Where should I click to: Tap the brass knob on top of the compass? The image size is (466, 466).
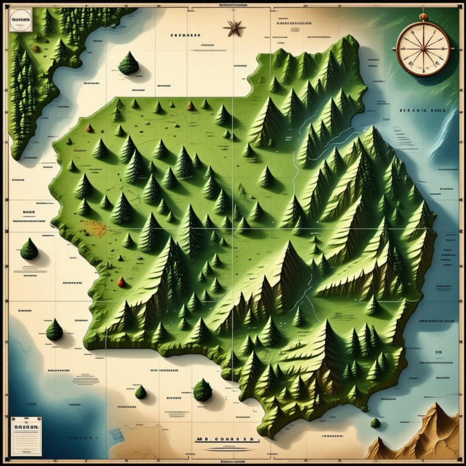click(x=423, y=17)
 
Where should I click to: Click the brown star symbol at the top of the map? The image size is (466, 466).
click(x=234, y=27)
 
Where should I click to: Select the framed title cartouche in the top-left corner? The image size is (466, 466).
click(x=22, y=22)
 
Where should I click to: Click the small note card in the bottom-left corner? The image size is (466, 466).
click(x=26, y=435)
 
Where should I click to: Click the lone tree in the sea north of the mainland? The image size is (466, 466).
click(x=128, y=63)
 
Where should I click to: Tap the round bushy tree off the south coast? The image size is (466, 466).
click(x=203, y=390)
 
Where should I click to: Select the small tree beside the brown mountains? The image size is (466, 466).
click(x=376, y=422)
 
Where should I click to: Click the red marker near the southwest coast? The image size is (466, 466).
click(x=121, y=282)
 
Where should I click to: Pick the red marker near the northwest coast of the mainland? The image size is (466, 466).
click(x=90, y=128)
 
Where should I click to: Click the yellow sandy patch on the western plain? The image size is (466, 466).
click(x=95, y=228)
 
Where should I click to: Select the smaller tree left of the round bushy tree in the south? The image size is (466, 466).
click(x=141, y=392)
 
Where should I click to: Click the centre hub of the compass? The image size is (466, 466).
click(x=423, y=48)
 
